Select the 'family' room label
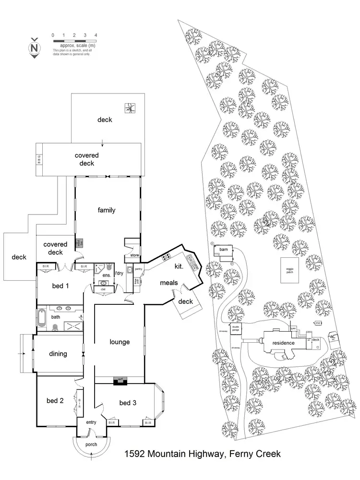107,210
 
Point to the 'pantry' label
138,269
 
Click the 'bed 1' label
60,286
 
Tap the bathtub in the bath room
40,318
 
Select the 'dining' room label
58,354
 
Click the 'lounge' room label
120,342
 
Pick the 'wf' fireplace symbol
119,381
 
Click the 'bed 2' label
55,401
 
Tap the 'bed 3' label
128,403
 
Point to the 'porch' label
91,444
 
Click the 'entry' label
91,422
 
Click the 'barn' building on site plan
223,251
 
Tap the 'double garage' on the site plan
236,330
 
